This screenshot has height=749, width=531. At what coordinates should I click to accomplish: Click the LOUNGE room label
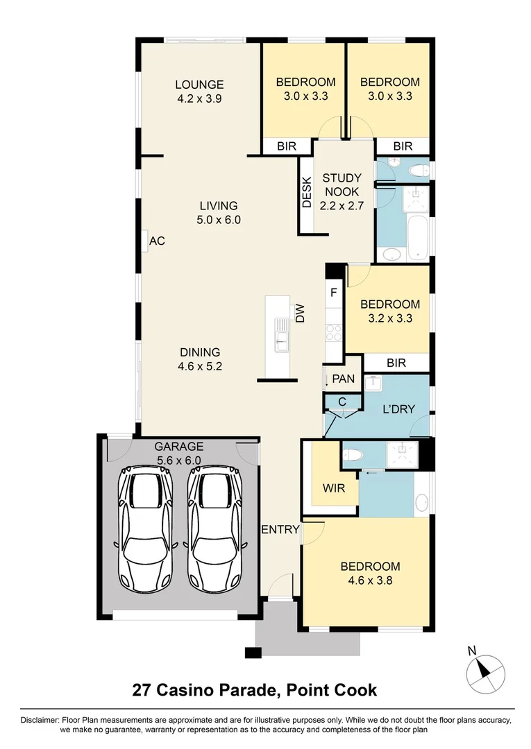pyautogui.click(x=200, y=85)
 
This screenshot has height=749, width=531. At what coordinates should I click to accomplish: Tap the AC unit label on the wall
pyautogui.click(x=158, y=241)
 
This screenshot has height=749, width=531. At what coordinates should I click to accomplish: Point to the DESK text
pyautogui.click(x=307, y=193)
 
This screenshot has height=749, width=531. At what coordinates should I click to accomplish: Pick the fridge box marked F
pyautogui.click(x=334, y=293)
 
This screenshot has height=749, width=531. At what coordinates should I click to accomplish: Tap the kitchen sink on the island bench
pyautogui.click(x=280, y=333)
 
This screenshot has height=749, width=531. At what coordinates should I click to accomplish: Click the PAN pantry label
pyautogui.click(x=343, y=379)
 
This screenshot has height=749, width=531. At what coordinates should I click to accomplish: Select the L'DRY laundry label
pyautogui.click(x=398, y=409)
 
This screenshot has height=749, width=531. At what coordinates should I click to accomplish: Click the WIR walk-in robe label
pyautogui.click(x=333, y=488)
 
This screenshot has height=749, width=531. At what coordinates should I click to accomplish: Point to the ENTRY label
pyautogui.click(x=280, y=530)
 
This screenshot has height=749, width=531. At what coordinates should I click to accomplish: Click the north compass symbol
pyautogui.click(x=484, y=671)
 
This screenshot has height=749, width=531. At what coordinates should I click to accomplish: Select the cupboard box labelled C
pyautogui.click(x=342, y=401)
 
